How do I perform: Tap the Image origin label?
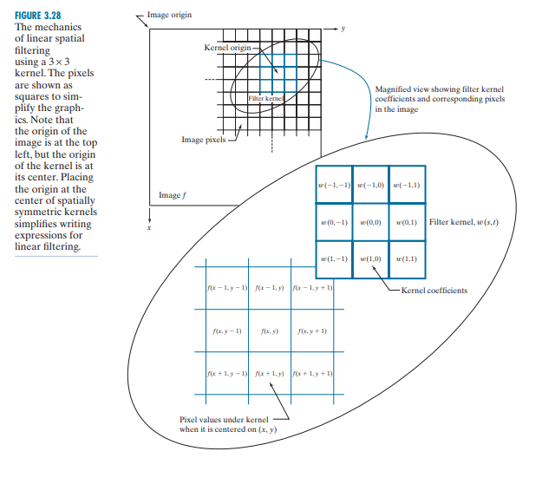pos(169,16)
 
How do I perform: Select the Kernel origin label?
pos(226,47)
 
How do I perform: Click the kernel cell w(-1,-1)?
pos(334,185)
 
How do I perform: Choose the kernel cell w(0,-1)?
pos(334,222)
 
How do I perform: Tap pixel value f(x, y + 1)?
pos(312,331)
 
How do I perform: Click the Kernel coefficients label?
pos(434,290)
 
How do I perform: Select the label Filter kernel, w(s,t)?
pos(464,222)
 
